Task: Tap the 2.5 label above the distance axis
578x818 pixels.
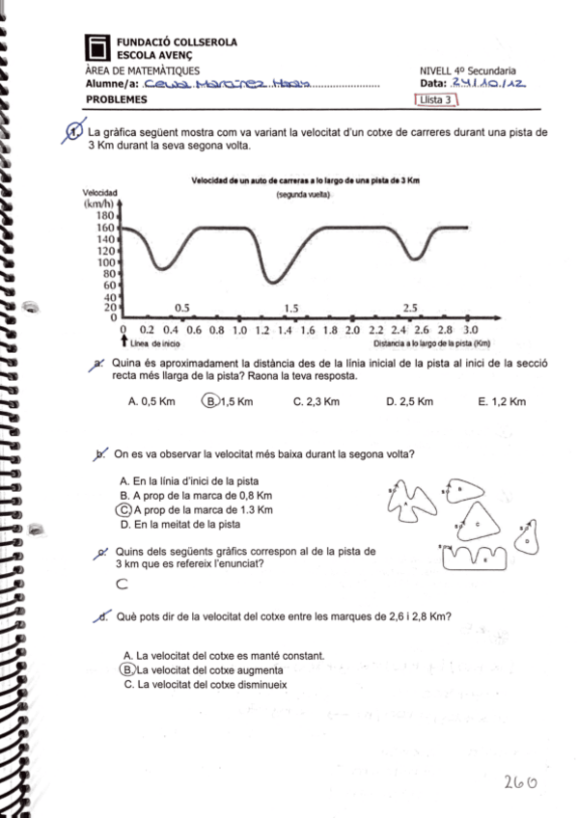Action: (410, 308)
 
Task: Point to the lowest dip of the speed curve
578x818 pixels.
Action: (274, 282)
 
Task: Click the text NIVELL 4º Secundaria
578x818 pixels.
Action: (467, 70)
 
